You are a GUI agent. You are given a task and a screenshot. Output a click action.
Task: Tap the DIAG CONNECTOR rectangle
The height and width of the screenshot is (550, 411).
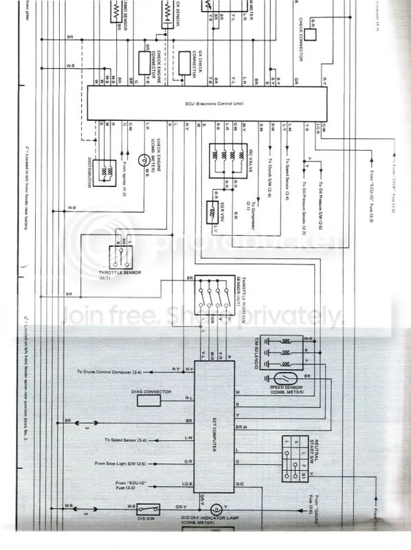[154, 398]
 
